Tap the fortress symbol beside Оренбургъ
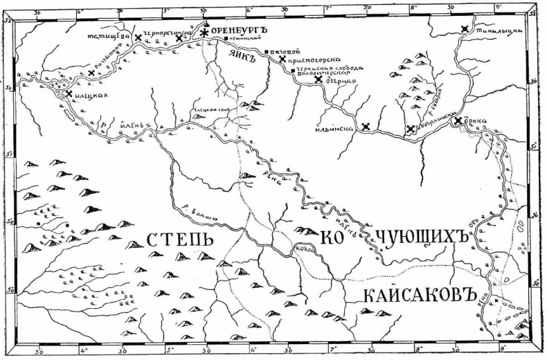pos(204,32)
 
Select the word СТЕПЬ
pos(179,240)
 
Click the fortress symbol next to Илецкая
pos(69,93)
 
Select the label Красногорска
pos(311,60)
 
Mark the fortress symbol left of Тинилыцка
pos(465,29)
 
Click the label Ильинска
pos(338,127)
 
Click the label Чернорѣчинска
pos(163,33)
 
